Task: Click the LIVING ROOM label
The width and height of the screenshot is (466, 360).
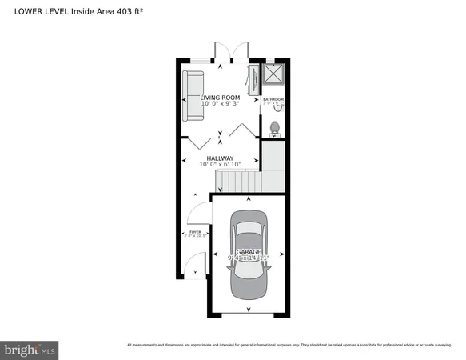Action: tap(220, 98)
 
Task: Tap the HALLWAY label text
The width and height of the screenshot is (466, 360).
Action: tap(220, 158)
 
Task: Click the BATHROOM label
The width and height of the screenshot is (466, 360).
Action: tap(274, 99)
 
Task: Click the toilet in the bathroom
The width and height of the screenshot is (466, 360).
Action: tap(275, 127)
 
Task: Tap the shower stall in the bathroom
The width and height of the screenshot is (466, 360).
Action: tap(275, 74)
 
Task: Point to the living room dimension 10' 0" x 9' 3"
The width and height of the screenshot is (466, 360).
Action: tap(220, 104)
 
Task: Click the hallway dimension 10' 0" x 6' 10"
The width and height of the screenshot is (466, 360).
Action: tap(220, 165)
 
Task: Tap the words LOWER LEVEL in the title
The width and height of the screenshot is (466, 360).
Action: tap(38, 10)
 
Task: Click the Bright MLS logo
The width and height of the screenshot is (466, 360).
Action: tap(30, 349)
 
